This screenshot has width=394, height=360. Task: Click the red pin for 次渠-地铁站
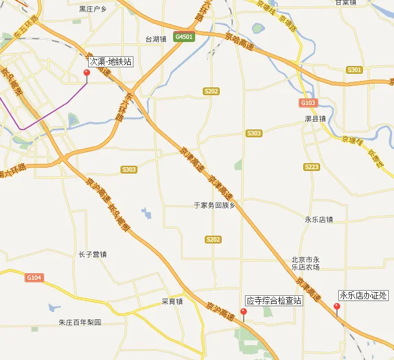(87, 73)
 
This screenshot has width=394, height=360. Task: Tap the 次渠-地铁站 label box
(111, 62)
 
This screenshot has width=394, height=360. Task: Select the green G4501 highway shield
(184, 37)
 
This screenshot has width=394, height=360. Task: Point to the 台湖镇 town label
(157, 39)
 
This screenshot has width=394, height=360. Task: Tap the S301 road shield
(354, 69)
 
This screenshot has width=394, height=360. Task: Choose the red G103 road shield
(308, 103)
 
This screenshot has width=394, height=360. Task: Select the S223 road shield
(312, 166)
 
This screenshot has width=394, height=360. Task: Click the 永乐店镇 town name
(318, 219)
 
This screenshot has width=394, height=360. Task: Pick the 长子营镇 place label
(92, 254)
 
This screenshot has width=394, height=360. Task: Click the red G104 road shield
(34, 277)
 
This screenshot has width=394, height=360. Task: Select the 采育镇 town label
(172, 301)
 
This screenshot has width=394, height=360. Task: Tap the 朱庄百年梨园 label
(80, 322)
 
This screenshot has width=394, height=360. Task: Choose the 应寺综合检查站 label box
(273, 300)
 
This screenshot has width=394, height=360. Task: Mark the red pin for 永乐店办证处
(336, 307)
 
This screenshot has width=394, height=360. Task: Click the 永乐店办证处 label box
(363, 295)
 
